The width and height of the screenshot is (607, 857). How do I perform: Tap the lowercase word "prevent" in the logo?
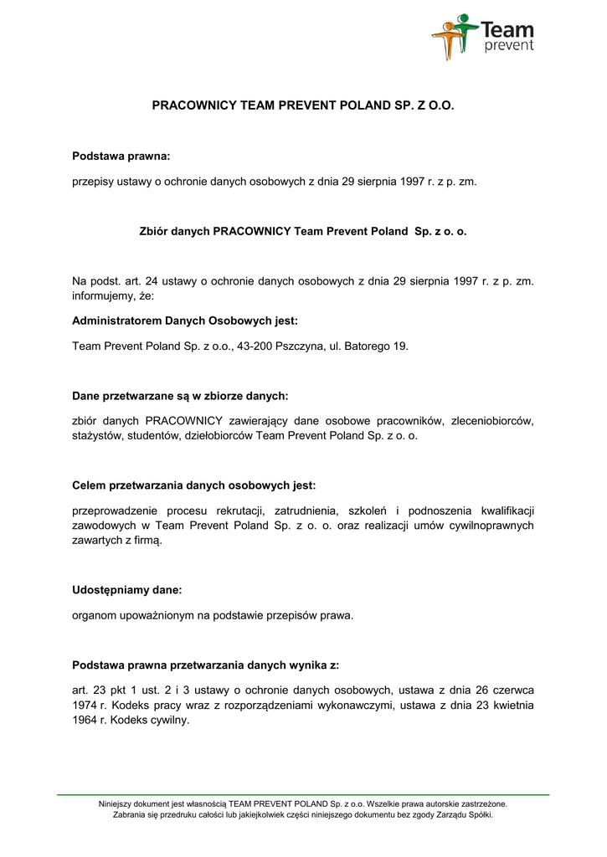click(509, 46)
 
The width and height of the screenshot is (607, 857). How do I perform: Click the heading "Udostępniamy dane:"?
click(127, 590)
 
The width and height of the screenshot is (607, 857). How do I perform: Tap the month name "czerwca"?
click(510, 690)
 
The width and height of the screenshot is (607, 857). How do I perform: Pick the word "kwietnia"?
click(510, 706)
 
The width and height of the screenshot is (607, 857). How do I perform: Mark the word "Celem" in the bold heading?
click(90, 485)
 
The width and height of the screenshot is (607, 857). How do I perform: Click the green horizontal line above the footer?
click(303, 794)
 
